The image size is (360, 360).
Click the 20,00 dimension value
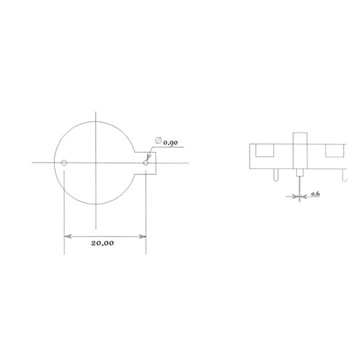point(102,243)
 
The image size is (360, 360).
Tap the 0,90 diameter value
point(170,142)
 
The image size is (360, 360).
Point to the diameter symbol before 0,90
point(159,140)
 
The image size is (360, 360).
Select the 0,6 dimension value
point(315,194)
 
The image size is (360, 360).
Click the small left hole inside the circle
point(64,163)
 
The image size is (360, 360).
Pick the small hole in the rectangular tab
point(146,163)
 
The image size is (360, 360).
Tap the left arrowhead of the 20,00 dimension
point(68,236)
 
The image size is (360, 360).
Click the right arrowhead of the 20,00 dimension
point(142,236)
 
